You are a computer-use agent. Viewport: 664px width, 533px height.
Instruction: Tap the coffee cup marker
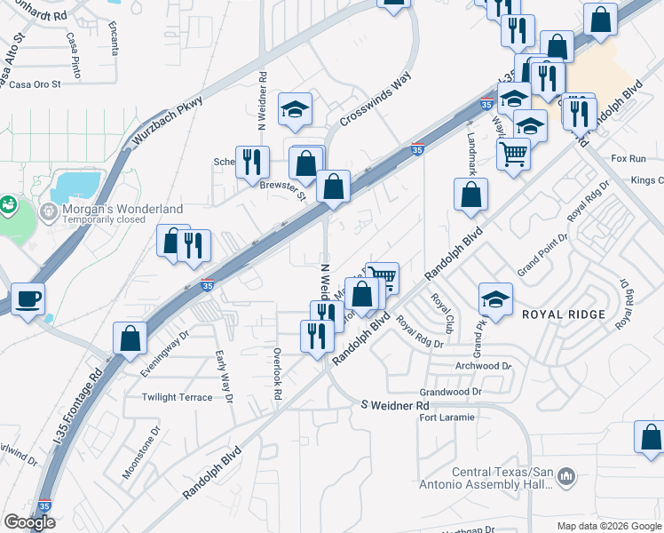[x=28, y=298]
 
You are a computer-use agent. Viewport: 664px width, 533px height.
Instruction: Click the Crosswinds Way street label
[x=376, y=100]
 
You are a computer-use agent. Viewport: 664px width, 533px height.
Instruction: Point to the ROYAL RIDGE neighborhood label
[x=563, y=314]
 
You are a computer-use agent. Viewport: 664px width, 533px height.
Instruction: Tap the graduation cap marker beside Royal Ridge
[x=495, y=299]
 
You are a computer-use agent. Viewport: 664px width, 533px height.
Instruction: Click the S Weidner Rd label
[x=395, y=405]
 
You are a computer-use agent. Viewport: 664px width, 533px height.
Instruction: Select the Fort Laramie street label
[x=447, y=417]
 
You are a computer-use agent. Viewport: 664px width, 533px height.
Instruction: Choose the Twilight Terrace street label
[x=178, y=397]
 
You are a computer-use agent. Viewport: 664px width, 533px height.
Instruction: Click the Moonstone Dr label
[x=140, y=452]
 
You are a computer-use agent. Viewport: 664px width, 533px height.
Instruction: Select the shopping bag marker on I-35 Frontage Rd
[x=130, y=338]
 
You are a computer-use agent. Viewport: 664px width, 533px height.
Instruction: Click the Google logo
[x=29, y=522]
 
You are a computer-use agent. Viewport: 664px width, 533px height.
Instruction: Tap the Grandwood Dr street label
[x=450, y=391]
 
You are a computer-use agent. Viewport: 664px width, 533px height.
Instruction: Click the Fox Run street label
[x=628, y=158]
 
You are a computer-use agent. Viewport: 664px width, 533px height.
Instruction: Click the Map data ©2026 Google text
[x=607, y=525]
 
